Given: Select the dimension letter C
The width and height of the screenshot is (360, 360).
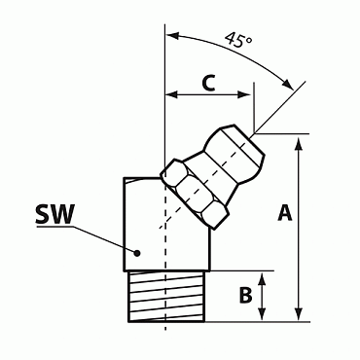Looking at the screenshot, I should click(207, 84).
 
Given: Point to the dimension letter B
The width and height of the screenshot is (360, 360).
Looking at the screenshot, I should click(246, 294).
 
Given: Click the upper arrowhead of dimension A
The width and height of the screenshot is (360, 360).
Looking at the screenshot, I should click(299, 141).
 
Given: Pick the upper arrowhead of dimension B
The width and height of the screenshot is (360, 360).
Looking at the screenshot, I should click(264, 277).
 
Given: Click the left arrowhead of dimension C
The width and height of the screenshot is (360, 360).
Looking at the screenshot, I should click(172, 95).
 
